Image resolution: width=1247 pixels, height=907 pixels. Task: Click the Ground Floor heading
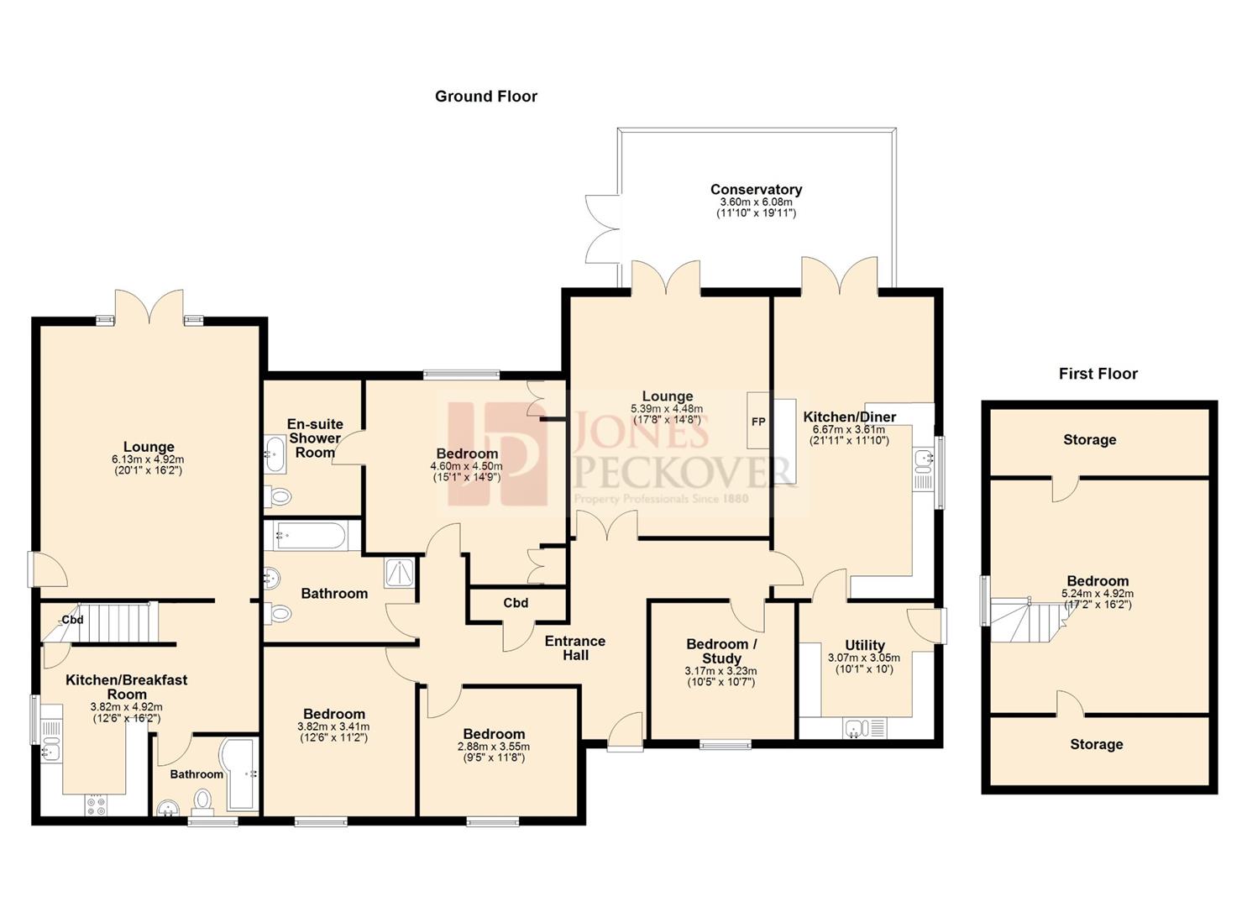click(485, 97)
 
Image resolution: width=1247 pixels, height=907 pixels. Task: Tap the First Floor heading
click(1098, 374)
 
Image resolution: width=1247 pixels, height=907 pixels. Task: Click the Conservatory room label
click(756, 190)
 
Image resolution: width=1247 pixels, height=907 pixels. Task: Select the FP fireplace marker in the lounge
click(757, 422)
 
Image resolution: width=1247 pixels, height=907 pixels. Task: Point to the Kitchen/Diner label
click(849, 417)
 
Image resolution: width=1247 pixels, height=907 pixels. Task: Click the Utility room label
click(864, 645)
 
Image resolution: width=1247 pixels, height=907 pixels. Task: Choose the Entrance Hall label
click(575, 648)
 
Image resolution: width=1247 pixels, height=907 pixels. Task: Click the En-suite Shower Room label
click(315, 438)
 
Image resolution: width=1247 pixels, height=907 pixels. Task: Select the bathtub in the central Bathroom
click(310, 536)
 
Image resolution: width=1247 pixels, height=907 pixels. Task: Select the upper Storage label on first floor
click(1089, 440)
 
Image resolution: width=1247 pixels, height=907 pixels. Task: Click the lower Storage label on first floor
click(1096, 745)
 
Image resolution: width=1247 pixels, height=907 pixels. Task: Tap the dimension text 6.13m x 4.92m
click(148, 459)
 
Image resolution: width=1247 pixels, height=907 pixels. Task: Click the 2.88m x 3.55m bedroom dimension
click(493, 747)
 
